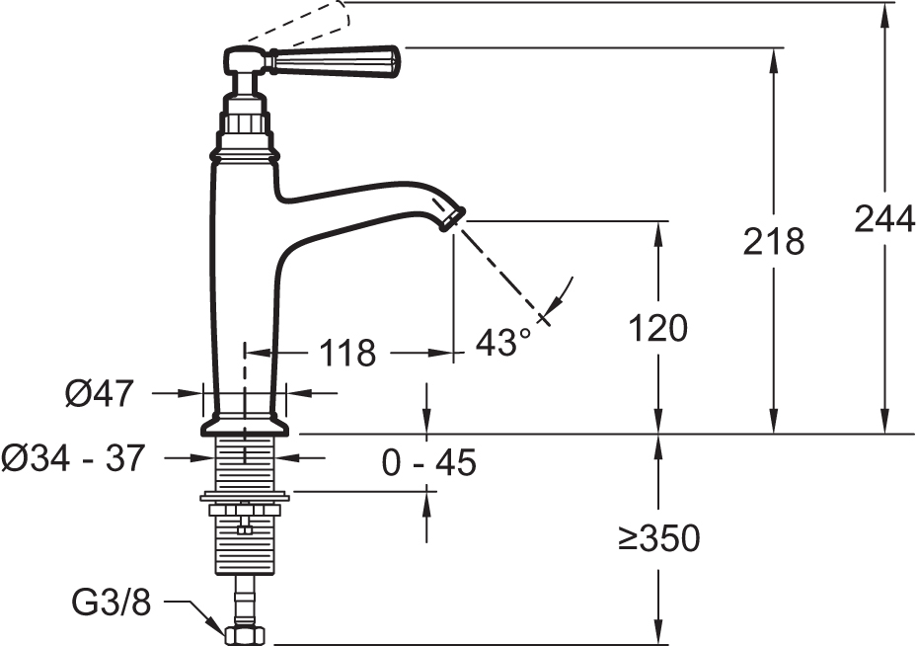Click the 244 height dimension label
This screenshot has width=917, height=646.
tap(884, 219)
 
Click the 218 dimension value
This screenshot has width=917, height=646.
tap(774, 241)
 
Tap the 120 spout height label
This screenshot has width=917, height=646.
tap(658, 328)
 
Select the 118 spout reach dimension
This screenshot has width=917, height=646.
tap(347, 353)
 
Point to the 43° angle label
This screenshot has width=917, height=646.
tap(504, 342)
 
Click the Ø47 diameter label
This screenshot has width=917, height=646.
tap(100, 393)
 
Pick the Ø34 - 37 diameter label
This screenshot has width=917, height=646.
tap(72, 457)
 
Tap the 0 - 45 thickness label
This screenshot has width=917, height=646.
tap(429, 463)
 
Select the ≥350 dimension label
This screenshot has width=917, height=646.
tap(658, 537)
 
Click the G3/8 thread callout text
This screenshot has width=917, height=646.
tap(112, 603)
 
